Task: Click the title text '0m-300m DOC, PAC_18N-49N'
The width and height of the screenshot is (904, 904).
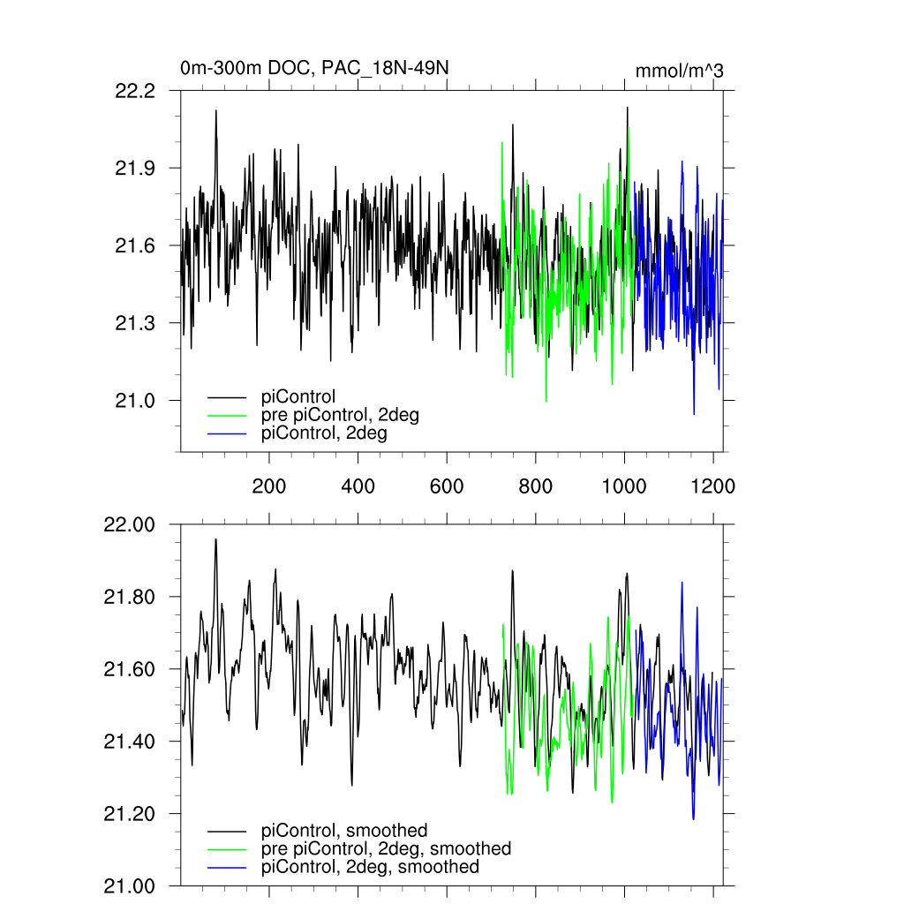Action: [320, 68]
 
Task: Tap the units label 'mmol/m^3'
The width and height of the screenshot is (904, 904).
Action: [679, 72]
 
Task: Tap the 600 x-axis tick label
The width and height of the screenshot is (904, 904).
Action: [447, 486]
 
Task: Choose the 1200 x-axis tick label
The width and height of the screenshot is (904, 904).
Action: [712, 486]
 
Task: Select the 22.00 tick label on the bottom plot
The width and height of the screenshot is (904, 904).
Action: [130, 524]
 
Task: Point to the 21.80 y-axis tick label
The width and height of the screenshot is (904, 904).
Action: [130, 597]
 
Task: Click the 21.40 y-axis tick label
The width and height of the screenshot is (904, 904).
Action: [130, 742]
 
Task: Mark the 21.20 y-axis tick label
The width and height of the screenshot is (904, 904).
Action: [130, 814]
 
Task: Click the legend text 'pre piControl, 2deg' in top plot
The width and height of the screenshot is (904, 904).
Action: [340, 415]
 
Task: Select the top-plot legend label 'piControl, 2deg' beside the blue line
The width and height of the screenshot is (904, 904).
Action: [324, 433]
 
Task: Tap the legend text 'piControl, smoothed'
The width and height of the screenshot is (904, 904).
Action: [344, 830]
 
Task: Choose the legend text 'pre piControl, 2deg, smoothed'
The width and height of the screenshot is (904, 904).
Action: [386, 848]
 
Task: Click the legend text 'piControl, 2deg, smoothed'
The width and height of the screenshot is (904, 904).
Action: [370, 867]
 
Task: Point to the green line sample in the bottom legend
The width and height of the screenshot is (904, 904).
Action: [228, 849]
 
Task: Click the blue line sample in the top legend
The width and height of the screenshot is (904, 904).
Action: [228, 434]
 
